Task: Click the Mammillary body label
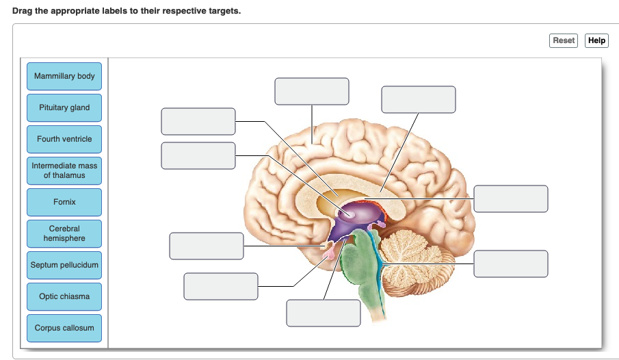point(64,76)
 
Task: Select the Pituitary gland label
point(64,107)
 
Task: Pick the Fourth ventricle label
point(64,139)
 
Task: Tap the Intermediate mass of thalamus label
point(64,170)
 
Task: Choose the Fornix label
point(64,202)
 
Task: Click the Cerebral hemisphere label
point(64,233)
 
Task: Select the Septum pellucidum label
point(64,265)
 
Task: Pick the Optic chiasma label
point(64,296)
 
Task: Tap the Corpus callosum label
point(64,328)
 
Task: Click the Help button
point(596,40)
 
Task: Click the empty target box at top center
point(312,91)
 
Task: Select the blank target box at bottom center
point(324,313)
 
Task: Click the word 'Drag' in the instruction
point(22,12)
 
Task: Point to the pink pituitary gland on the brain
point(330,253)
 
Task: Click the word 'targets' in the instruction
point(224,12)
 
